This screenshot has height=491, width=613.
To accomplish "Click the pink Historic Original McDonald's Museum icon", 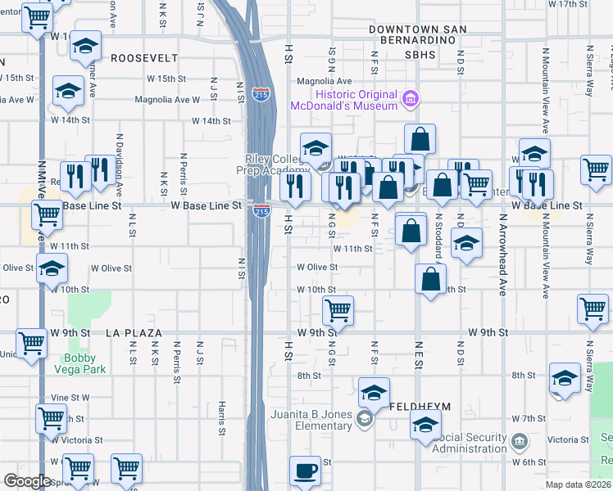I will [411, 100].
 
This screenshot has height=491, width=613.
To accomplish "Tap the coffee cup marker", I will [306, 471].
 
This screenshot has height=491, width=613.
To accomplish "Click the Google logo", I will [26, 481].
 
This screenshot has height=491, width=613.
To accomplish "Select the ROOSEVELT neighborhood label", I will [144, 58].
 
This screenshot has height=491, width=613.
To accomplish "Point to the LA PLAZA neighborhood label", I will [134, 334].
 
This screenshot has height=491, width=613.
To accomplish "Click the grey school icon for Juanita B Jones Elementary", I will [365, 420].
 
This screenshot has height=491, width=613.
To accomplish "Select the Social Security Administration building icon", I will [519, 443].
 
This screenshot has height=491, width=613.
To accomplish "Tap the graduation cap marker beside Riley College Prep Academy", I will [316, 148].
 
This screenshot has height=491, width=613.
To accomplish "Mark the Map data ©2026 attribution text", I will [578, 484].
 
